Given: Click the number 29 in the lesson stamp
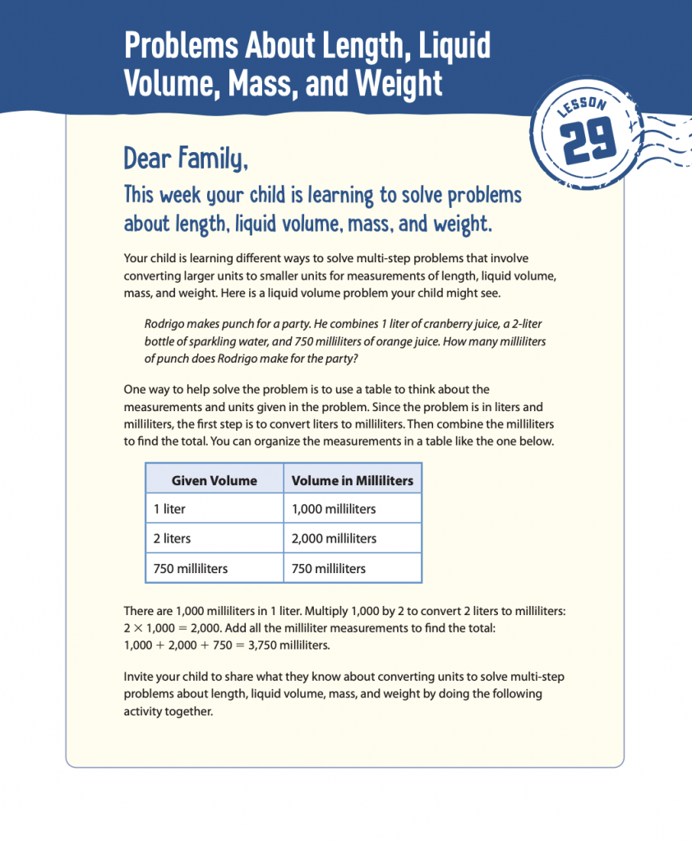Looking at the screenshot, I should click(591, 145).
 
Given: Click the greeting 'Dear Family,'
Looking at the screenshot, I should click(185, 156).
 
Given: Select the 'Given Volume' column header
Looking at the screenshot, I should click(214, 480).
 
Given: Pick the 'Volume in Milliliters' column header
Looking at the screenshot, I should click(353, 480).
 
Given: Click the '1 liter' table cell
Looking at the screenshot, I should click(169, 509).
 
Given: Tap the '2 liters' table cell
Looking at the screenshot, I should click(173, 539).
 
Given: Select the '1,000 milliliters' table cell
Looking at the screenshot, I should click(334, 509).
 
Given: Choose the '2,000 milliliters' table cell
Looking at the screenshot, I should click(334, 539).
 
